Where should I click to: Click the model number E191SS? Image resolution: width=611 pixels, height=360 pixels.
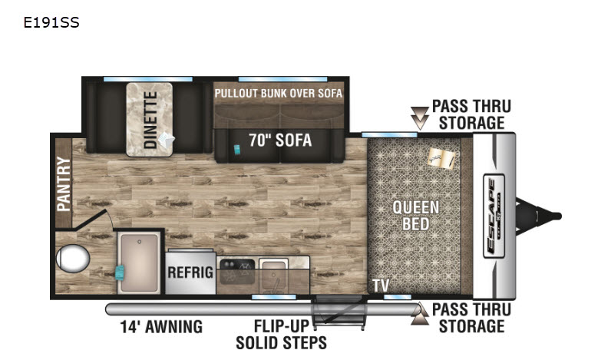[x=51, y=22]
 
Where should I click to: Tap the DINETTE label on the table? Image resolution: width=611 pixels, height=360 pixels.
[x=150, y=120]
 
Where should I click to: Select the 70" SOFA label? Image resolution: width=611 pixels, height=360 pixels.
[x=280, y=140]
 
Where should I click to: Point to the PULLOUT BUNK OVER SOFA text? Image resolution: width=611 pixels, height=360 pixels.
[x=278, y=94]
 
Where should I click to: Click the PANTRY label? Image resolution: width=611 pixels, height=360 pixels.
[x=64, y=183]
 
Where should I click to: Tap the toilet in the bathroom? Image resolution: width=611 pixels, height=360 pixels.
[x=73, y=259]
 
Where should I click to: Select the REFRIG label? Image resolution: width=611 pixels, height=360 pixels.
[x=190, y=272]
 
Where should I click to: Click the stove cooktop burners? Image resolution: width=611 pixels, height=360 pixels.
[x=237, y=271]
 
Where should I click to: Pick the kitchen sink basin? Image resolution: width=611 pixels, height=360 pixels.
[x=273, y=271]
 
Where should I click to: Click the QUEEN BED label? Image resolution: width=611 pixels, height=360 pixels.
[x=416, y=216]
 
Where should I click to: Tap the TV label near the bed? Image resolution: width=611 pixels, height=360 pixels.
[x=381, y=286]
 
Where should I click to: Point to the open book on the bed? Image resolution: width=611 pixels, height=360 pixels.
[x=442, y=159]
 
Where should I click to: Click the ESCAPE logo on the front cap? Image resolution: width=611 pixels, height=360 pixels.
[x=494, y=216]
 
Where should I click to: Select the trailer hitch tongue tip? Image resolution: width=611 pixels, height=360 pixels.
[x=558, y=216]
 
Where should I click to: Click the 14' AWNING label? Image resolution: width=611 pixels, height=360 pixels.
[x=161, y=327]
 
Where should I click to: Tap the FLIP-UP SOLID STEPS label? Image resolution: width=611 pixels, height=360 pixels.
[x=282, y=335]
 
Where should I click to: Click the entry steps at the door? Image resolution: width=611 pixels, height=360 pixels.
[x=339, y=312]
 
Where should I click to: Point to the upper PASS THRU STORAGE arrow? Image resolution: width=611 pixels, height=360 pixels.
[x=420, y=118]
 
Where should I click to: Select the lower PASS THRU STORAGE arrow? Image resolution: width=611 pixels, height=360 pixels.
[x=420, y=313]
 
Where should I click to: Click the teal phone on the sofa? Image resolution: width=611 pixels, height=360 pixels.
[x=237, y=150]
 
